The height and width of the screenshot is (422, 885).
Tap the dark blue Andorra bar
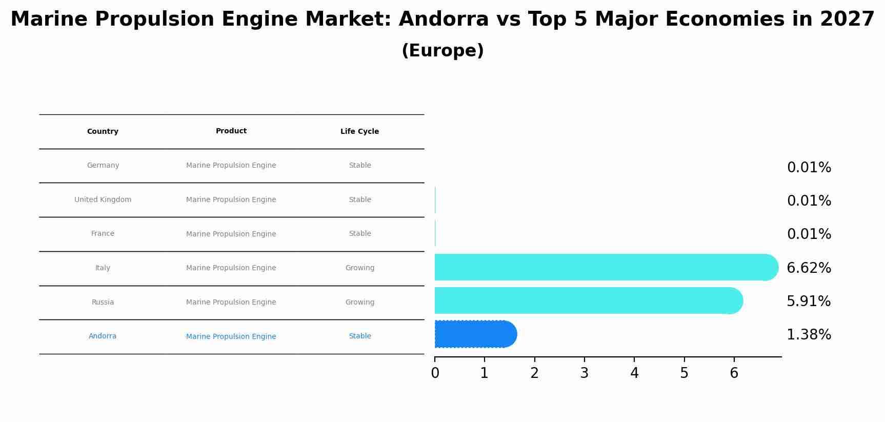pos(474,334)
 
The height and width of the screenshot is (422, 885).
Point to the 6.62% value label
pos(809,268)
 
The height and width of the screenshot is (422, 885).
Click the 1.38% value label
pos(809,335)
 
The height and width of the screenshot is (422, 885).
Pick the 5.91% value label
pos(809,301)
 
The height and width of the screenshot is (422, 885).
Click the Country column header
pos(103,131)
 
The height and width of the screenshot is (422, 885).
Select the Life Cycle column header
pos(359,131)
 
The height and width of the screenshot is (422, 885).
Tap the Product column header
pos(231,131)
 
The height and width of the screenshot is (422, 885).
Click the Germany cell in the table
pos(103,165)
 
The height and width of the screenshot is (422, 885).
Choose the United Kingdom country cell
pos(103,199)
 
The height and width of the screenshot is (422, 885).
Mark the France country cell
pos(103,233)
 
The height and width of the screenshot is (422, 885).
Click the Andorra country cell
pos(103,336)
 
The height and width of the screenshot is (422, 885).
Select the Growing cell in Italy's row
pos(359,268)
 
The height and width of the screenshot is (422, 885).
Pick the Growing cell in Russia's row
pos(359,302)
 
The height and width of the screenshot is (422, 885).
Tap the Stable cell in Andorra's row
pos(359,336)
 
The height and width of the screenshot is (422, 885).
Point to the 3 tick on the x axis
pos(584,373)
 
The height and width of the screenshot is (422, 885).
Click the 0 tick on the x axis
pos(435,373)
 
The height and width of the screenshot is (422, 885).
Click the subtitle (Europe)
pos(442,51)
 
